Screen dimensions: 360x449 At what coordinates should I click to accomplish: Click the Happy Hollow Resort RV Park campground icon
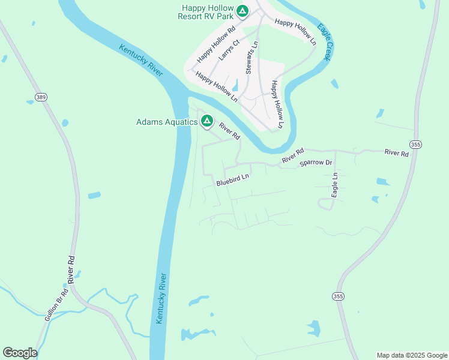243,11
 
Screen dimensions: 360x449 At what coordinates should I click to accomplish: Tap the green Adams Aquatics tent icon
206,121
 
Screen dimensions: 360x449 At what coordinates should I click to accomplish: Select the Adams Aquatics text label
167,122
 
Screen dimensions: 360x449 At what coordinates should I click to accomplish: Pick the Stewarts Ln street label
252,58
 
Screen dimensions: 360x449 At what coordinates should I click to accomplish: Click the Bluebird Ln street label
233,178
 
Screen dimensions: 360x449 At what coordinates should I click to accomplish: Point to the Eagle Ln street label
335,185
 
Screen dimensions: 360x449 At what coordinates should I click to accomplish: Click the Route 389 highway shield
41,97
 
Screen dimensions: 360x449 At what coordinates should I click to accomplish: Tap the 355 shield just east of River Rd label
415,145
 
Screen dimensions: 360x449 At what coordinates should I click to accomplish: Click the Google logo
20,353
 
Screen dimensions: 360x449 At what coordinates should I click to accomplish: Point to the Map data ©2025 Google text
412,355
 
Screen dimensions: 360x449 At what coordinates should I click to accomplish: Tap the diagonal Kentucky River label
141,60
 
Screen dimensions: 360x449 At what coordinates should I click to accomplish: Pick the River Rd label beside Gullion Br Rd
72,269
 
